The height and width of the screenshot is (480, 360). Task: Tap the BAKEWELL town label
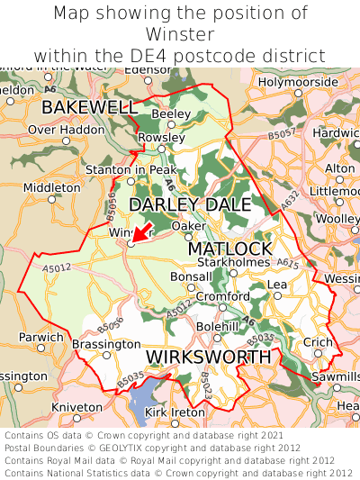tap(89, 108)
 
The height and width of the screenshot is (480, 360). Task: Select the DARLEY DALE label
tap(190, 204)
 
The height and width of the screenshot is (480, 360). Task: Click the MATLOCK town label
tap(229, 248)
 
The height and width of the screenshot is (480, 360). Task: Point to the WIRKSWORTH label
tap(208, 358)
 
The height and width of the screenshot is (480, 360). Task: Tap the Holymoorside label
tap(298, 82)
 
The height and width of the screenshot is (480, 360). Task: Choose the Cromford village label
tap(223, 296)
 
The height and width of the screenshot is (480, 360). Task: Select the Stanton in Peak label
tap(131, 169)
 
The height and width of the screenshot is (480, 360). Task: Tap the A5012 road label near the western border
tap(57, 267)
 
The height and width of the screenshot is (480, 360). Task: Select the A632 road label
tap(287, 211)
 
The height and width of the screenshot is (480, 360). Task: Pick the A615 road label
tap(288, 262)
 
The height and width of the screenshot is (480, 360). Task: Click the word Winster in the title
tap(180, 34)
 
